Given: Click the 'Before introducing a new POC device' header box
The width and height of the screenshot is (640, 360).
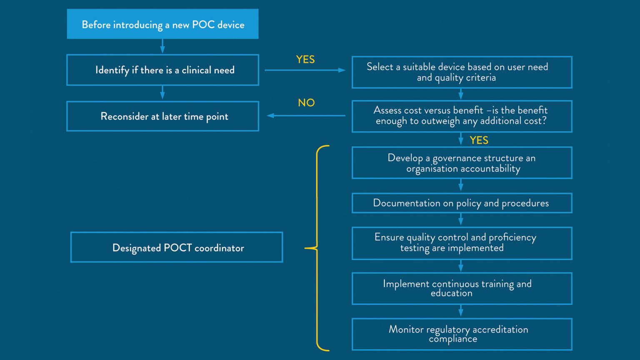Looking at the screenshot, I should click(x=162, y=24).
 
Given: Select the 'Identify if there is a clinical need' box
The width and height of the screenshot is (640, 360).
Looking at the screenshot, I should click(x=162, y=70).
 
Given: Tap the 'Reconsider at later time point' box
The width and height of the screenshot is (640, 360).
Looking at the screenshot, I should click(x=162, y=116).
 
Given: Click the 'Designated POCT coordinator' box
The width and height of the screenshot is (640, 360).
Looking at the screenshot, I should click(x=177, y=247).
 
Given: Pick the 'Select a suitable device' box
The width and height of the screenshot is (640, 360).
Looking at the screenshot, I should click(x=462, y=72).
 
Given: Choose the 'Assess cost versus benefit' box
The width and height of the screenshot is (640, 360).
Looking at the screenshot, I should click(x=462, y=116).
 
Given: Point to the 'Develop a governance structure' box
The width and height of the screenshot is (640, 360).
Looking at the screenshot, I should click(x=462, y=163).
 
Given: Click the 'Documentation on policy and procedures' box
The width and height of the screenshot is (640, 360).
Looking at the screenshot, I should click(x=462, y=203).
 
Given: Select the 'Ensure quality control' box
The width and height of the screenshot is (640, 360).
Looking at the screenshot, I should click(x=462, y=243).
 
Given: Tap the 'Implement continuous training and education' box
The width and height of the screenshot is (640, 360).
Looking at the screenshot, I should click(x=462, y=288).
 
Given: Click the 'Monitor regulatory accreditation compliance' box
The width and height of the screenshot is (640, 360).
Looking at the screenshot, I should click(x=462, y=334).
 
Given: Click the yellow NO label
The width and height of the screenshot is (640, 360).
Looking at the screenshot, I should click(x=306, y=102).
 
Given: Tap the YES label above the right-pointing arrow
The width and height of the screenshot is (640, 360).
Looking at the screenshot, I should click(x=305, y=60).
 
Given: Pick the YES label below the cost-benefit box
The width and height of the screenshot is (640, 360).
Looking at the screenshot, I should click(x=479, y=140).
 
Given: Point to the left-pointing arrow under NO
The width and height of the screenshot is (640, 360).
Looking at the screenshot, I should click(x=306, y=115).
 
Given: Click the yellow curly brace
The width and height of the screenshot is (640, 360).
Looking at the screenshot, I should click(x=317, y=248).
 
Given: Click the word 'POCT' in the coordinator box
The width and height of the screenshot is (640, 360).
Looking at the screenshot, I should click(x=177, y=248).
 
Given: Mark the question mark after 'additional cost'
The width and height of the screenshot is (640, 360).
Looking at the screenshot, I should click(x=544, y=121).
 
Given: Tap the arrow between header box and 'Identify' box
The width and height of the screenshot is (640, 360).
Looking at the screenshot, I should click(x=162, y=46).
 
